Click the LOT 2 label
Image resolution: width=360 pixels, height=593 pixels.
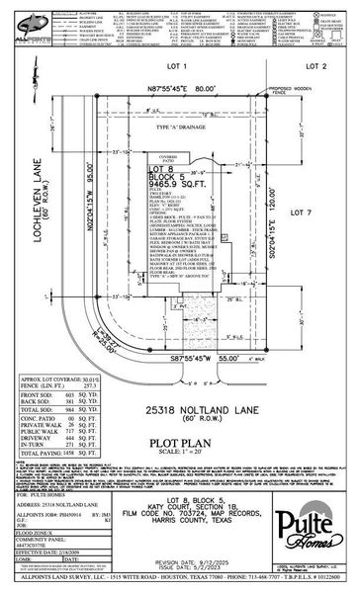(315, 65)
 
